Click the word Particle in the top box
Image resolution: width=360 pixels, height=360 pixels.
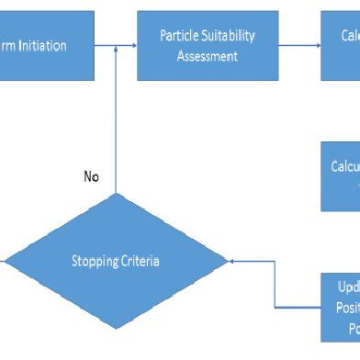pyautogui.click(x=180, y=36)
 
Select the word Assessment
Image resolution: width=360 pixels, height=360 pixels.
pyautogui.click(x=208, y=56)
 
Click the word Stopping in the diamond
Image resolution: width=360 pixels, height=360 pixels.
pyautogui.click(x=94, y=262)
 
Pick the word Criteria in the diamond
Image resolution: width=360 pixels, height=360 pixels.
pyautogui.click(x=139, y=262)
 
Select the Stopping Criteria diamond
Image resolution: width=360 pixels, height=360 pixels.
pyautogui.click(x=115, y=262)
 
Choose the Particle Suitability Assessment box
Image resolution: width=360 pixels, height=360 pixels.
pyautogui.click(x=208, y=45)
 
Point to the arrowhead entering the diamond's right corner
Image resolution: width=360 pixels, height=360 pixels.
pyautogui.click(x=231, y=262)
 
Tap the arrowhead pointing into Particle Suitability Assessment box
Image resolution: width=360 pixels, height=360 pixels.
pyautogui.click(x=132, y=44)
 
